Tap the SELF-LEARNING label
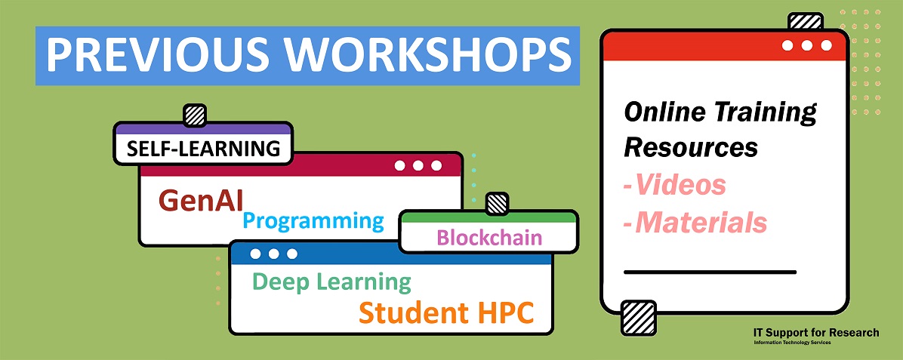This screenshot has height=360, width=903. (x=203, y=148)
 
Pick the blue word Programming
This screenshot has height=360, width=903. (x=313, y=221)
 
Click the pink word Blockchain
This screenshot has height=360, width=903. (x=489, y=238)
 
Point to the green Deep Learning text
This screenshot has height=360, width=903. (x=331, y=282)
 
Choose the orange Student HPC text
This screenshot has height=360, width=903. (x=445, y=312)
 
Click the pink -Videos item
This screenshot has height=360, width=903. (x=675, y=185)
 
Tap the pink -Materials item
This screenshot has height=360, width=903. (x=695, y=223)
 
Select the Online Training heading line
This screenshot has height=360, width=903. (x=720, y=113)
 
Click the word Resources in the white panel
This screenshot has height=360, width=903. (x=691, y=147)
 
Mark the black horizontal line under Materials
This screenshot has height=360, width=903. (x=710, y=271)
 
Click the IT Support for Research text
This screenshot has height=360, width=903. (x=816, y=332)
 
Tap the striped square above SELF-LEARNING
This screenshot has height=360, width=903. (x=195, y=115)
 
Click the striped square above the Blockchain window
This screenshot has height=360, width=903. (x=497, y=202)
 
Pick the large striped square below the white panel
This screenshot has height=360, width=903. (x=636, y=317)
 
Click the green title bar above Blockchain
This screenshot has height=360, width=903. (x=488, y=218)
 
